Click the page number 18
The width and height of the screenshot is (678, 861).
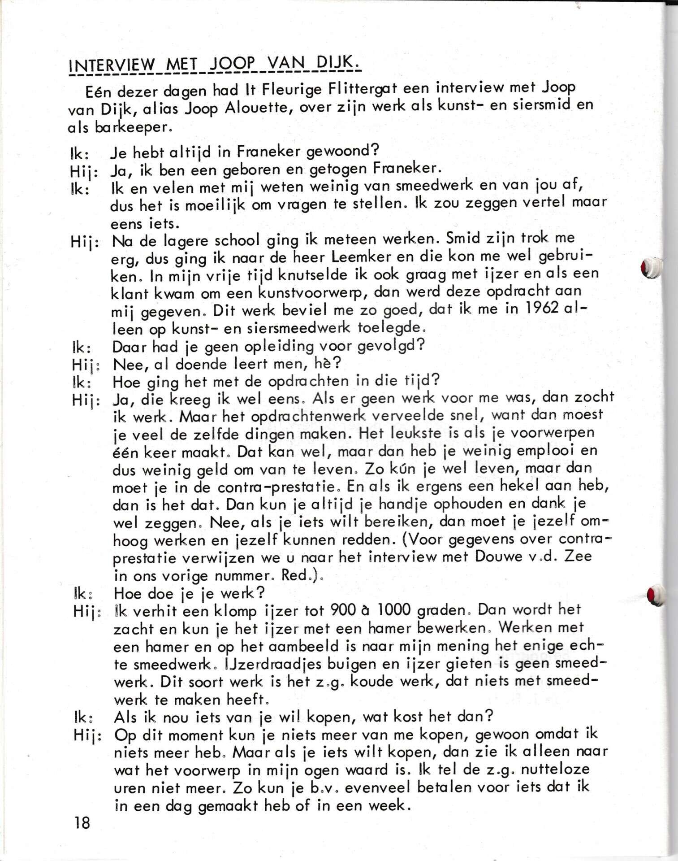82,823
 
